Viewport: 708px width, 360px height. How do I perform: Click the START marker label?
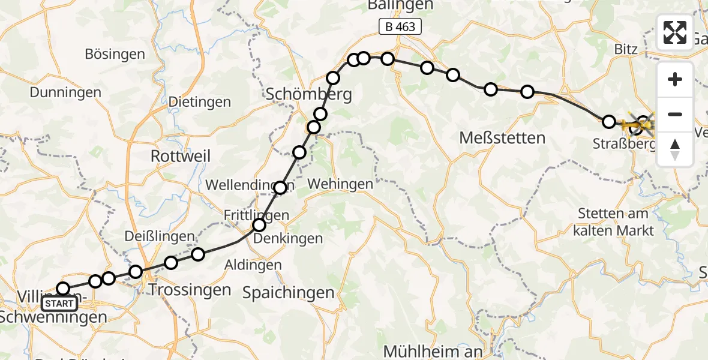coord(60,304)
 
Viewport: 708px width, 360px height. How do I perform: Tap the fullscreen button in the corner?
coord(675,32)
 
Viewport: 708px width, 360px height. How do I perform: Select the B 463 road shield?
coord(400,26)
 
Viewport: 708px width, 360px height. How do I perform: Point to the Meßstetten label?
coord(502,138)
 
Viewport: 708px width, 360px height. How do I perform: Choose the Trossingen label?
coord(189,290)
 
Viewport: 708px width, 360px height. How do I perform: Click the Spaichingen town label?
coord(288,293)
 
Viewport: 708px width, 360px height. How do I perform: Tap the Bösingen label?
coord(115,55)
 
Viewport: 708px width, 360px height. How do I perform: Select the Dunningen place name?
coord(65,92)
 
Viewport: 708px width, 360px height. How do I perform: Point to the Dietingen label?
coord(199,101)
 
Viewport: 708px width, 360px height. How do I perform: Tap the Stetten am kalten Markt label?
coord(613,221)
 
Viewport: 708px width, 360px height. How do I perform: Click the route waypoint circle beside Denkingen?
coord(259,225)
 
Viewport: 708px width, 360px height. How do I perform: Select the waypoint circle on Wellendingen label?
coord(280,188)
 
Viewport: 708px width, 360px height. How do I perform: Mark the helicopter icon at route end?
coord(641,124)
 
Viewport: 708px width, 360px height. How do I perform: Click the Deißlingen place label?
coord(160,236)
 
